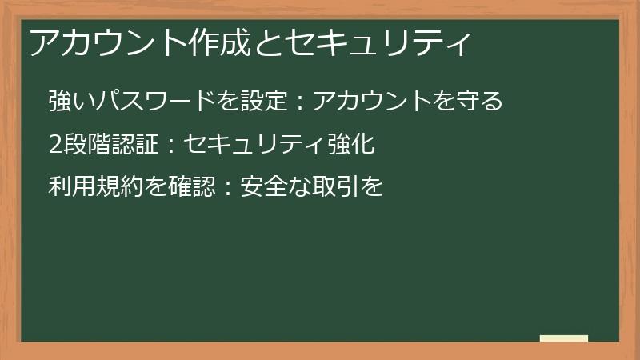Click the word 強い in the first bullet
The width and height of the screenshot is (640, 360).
coord(70,101)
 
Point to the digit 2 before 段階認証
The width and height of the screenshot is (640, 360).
coord(54,144)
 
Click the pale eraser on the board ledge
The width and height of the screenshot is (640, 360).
coord(564,338)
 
